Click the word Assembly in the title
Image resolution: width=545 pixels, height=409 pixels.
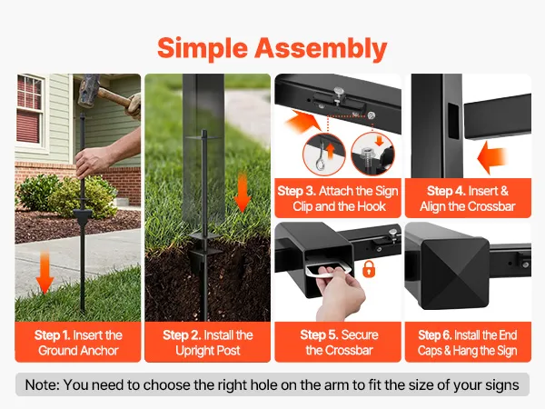pos(321,49)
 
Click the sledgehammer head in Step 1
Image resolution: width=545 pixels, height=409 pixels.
pos(87,90)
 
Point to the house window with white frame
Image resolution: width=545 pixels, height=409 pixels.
pos(31,111)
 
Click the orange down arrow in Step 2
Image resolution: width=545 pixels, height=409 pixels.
pos(243,193)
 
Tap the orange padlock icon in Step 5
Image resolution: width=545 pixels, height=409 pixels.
pos(369,268)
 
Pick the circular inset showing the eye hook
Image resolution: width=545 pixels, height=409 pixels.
pos(324,155)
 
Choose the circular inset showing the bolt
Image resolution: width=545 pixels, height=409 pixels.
pos(372,155)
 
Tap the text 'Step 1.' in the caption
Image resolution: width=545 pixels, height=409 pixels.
pos(53,335)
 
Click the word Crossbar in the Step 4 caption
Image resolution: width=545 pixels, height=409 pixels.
pos(492,206)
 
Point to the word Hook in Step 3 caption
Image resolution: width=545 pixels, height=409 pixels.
pos(372,206)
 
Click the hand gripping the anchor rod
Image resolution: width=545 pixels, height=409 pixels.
pos(91,161)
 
